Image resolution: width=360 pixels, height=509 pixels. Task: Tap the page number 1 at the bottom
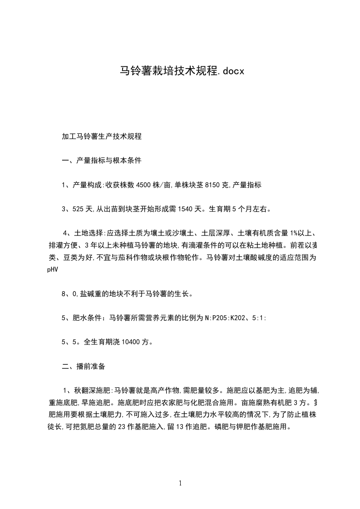(180, 484)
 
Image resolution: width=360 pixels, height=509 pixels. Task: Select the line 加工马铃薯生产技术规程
(102, 136)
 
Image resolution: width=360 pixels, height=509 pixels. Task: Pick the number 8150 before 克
(213, 185)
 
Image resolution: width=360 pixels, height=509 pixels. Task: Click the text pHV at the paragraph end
(53, 269)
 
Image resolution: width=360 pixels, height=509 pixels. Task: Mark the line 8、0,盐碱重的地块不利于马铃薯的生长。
(127, 294)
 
